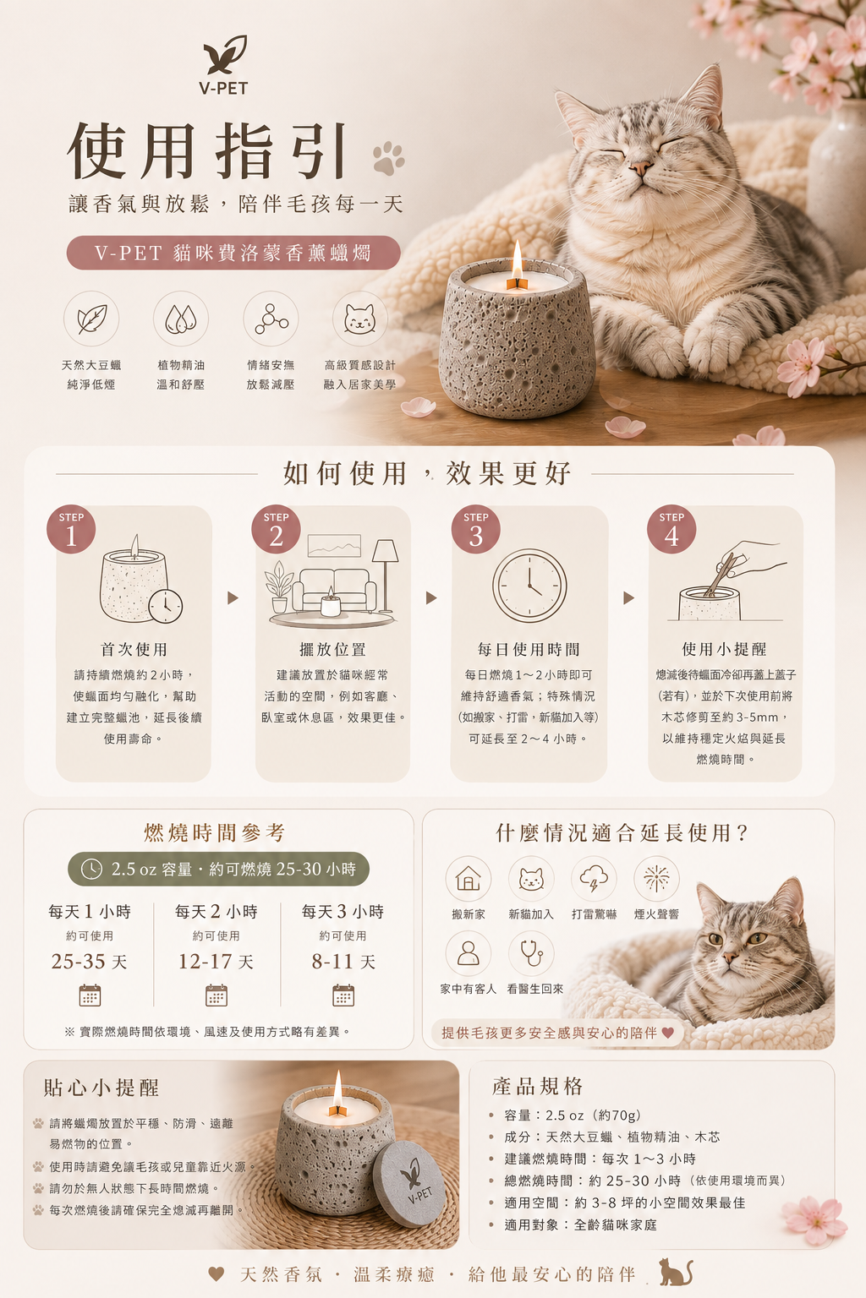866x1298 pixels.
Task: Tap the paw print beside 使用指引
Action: (x=388, y=158)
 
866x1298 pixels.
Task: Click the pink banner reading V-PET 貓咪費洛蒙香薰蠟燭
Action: (x=233, y=253)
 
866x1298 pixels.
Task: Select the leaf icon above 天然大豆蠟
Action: (x=91, y=319)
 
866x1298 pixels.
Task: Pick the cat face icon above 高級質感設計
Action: (x=359, y=319)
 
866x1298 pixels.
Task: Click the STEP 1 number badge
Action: (x=71, y=530)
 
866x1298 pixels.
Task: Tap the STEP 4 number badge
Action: (x=671, y=530)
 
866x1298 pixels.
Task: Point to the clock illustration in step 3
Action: (x=529, y=586)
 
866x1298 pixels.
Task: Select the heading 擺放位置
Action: (x=332, y=650)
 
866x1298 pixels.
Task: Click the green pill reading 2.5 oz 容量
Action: (x=218, y=869)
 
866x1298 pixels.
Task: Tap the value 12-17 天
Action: (x=216, y=962)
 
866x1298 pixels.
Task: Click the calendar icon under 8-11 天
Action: (x=343, y=995)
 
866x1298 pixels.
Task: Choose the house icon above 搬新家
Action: (x=468, y=879)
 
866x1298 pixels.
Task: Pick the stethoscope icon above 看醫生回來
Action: (x=531, y=953)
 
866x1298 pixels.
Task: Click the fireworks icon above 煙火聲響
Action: (x=656, y=879)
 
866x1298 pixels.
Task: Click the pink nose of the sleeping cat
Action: (x=640, y=169)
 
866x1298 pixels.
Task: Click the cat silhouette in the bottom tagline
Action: (x=676, y=1272)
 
